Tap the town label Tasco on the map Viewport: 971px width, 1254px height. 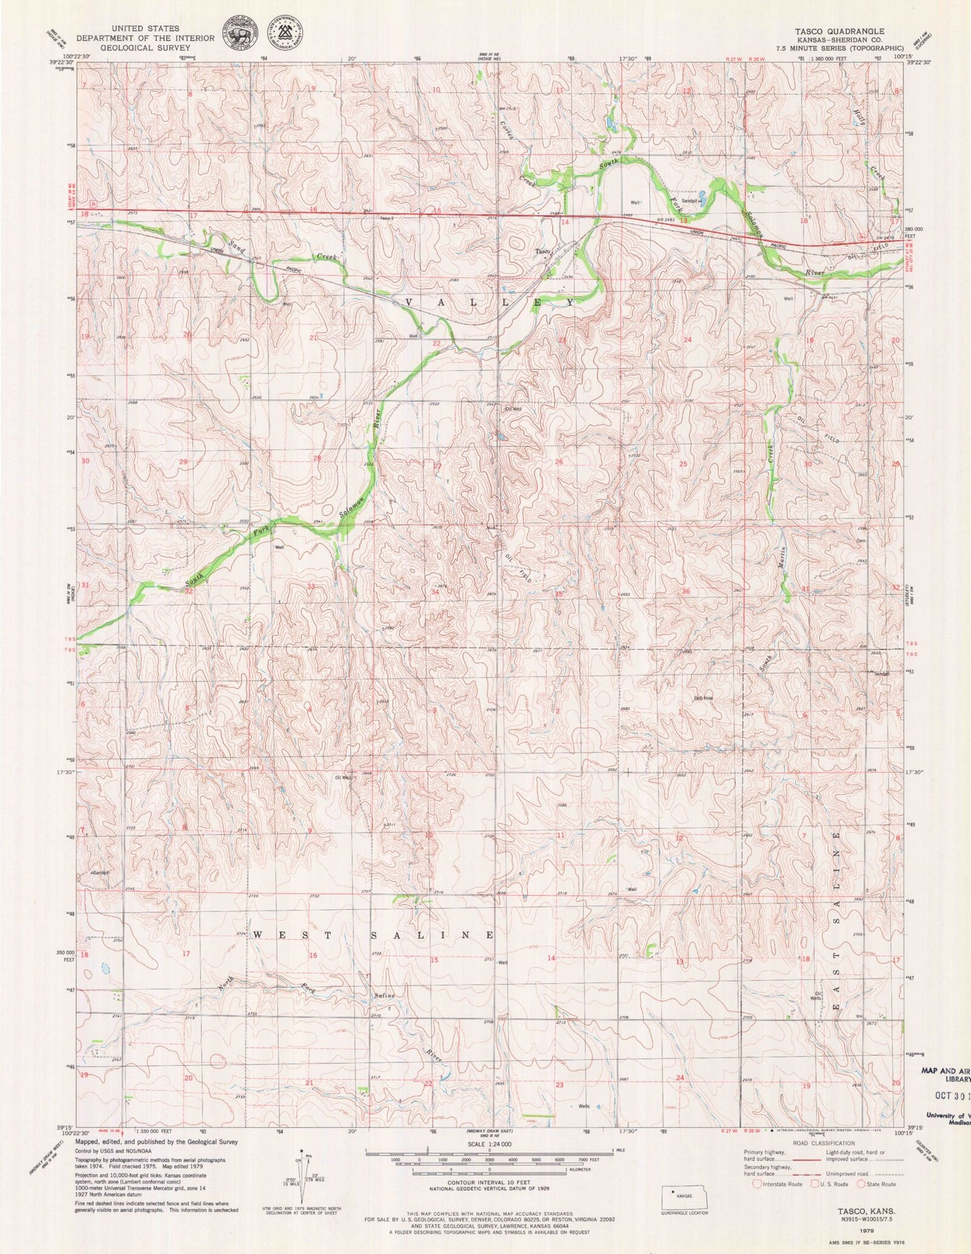coord(543,252)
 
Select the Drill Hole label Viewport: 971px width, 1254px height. coord(704,697)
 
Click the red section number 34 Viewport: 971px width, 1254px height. coord(435,592)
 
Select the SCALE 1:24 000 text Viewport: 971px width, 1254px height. coord(489,1144)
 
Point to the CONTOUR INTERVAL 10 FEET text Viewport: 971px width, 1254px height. coord(489,1193)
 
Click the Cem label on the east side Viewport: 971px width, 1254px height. coord(860,540)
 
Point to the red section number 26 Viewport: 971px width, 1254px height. coord(558,462)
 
